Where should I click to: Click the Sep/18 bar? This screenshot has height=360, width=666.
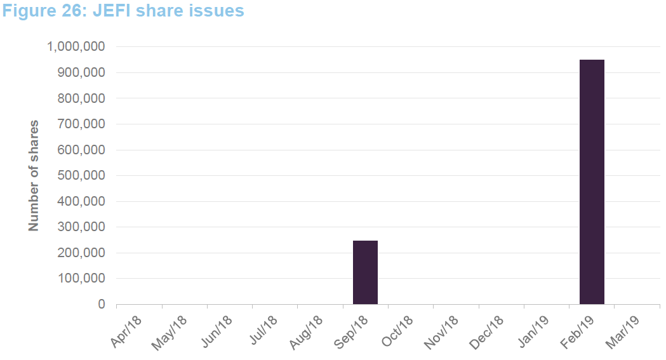coord(365,272)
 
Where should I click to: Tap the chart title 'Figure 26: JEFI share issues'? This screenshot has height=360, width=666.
coord(123,11)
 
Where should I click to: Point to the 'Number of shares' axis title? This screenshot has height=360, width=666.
coord(34,175)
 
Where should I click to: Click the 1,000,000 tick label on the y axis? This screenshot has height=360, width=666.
coord(76,47)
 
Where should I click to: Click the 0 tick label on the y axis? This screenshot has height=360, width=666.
coord(101,305)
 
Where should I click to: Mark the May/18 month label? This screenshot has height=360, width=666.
coord(171,331)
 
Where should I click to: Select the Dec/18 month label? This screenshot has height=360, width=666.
coord(488,331)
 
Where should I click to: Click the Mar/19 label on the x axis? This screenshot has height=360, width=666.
coord(625,331)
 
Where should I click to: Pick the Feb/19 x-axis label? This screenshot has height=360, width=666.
coord(579,331)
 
